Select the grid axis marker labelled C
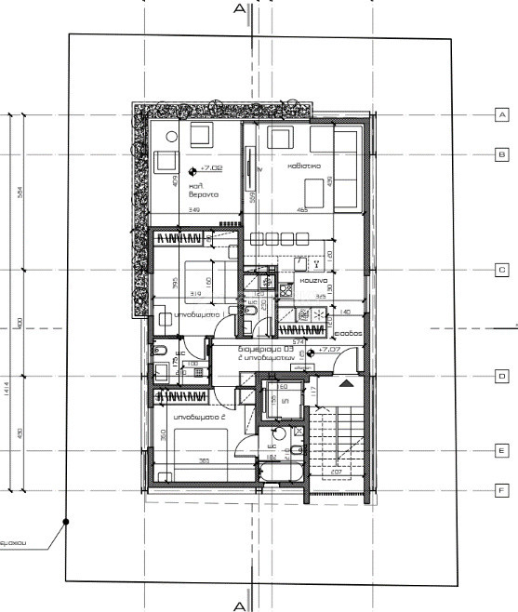[x=500, y=270]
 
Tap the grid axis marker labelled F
[x=500, y=489]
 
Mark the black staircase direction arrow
[x=348, y=381]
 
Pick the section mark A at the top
[x=239, y=9]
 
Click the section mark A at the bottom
[x=239, y=605]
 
